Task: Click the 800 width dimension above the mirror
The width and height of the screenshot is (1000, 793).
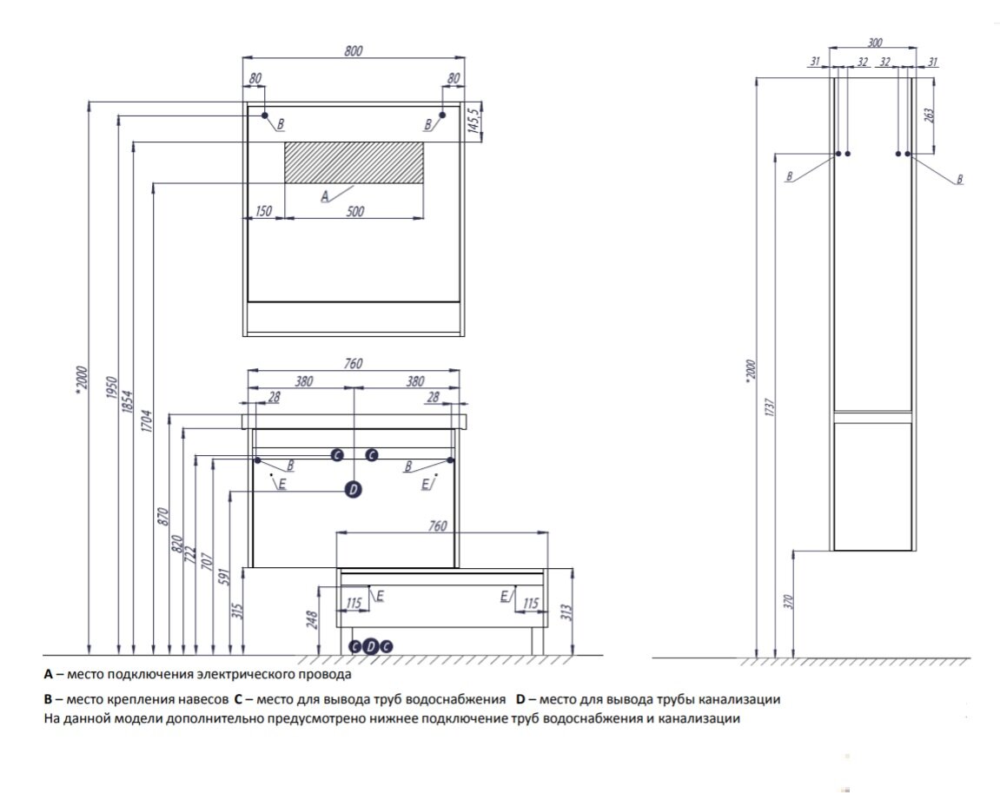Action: coord(353,51)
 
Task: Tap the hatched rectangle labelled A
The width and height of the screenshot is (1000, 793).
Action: coord(354,162)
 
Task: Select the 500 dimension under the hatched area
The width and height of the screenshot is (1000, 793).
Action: coord(354,210)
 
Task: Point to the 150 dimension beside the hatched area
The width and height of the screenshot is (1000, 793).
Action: coord(264,210)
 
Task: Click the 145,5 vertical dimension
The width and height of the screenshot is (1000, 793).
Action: coord(473,120)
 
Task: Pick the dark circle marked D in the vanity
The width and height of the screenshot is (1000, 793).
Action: coord(353,491)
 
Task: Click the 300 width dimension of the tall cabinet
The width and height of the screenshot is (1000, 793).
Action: coord(875,42)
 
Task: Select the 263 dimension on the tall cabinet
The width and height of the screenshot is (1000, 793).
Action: coord(927,116)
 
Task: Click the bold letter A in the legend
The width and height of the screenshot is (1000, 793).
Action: coord(49,674)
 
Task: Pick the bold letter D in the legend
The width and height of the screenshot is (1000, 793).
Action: coord(520,698)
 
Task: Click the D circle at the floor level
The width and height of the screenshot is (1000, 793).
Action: coord(371,646)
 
